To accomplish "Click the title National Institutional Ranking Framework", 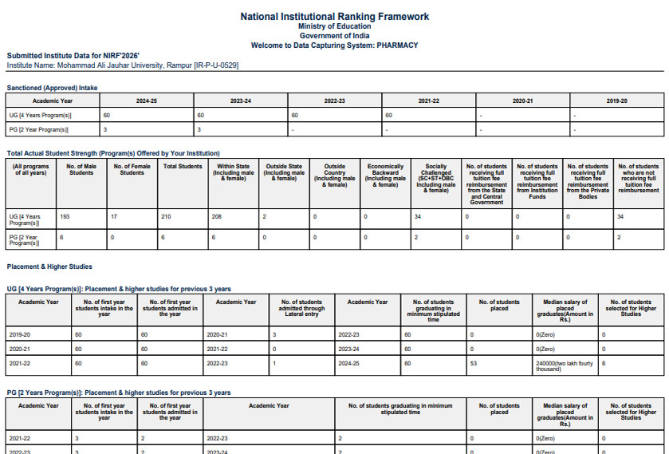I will [334, 17].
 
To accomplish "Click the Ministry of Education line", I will [334, 27].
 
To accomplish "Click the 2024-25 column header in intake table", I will [147, 101].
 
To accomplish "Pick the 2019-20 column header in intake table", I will [616, 101].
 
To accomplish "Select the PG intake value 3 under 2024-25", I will [105, 129].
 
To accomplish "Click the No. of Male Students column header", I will [81, 169].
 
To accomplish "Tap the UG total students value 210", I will [167, 216].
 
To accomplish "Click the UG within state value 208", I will [217, 216].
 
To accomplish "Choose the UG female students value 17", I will [116, 216].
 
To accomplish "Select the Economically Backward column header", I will [385, 176].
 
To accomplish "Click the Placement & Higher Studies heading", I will [49, 266].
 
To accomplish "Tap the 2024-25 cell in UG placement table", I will [350, 363].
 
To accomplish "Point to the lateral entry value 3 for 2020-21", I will [274, 334].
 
